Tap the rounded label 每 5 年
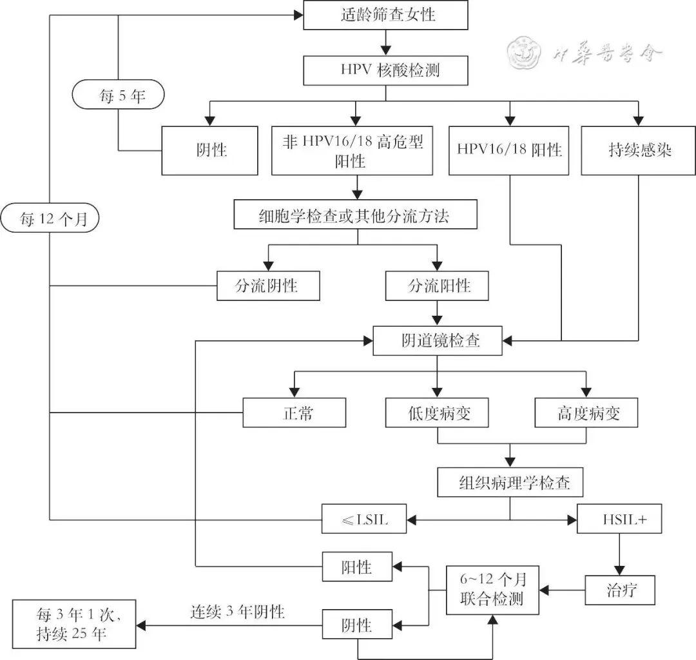click(119, 97)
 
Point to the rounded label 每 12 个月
click(50, 219)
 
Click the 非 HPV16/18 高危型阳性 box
click(352, 151)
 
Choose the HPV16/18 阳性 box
click(509, 151)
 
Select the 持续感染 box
click(639, 151)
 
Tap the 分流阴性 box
click(268, 285)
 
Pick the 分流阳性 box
click(437, 285)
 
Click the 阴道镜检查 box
click(437, 341)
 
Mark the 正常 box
click(294, 412)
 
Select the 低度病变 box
click(437, 412)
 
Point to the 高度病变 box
click(586, 412)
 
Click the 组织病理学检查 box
click(510, 481)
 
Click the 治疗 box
click(619, 590)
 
